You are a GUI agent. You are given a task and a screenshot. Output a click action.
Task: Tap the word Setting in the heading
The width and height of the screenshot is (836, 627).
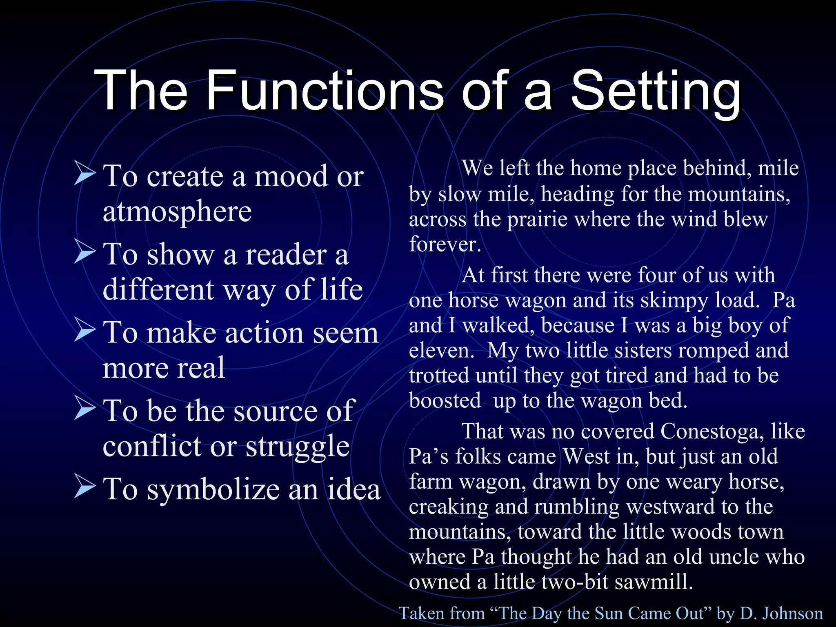(655, 91)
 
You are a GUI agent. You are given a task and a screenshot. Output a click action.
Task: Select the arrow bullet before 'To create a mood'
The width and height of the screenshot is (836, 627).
(85, 174)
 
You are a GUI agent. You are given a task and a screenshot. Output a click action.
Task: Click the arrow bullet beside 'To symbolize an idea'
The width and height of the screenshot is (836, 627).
(85, 487)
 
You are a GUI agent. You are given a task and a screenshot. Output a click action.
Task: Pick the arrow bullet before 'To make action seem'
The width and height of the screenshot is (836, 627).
(85, 331)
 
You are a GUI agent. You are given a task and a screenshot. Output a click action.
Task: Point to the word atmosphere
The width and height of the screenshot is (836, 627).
(177, 211)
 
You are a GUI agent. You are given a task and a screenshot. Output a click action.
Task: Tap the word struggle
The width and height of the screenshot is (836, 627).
(298, 446)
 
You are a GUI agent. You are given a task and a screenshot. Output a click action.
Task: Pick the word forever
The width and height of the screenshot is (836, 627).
(445, 244)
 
